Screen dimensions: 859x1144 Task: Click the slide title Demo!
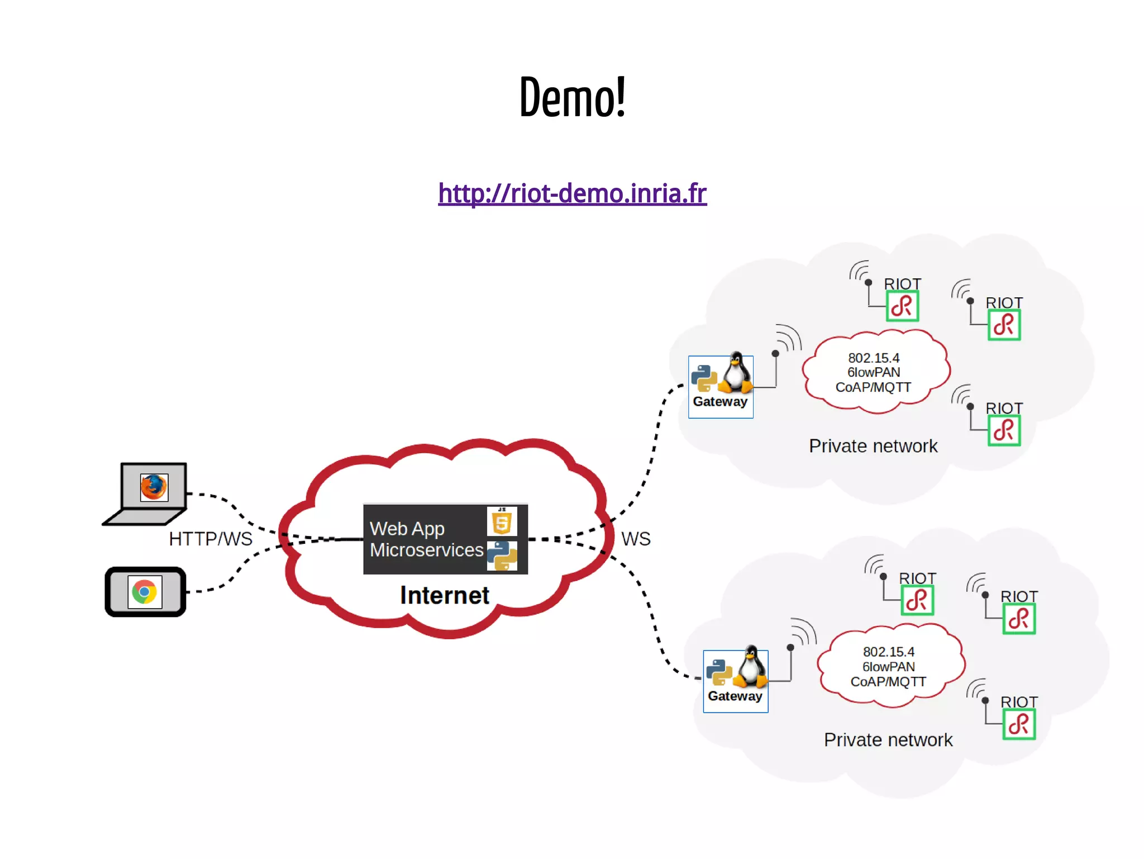(572, 98)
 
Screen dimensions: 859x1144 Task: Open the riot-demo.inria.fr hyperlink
(572, 193)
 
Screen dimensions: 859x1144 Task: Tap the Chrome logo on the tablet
(145, 591)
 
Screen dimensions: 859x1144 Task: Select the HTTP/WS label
(211, 539)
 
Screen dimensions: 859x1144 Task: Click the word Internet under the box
(445, 595)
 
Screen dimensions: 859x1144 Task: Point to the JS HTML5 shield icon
(502, 521)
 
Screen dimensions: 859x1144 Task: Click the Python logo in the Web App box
(502, 556)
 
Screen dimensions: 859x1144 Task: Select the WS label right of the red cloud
(636, 539)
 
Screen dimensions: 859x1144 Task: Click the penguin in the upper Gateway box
(736, 373)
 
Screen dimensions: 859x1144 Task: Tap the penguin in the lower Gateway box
(751, 667)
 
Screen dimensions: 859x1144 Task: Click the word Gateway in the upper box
(720, 402)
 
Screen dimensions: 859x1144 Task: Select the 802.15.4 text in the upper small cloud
(874, 358)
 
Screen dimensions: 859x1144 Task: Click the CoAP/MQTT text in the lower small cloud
(888, 682)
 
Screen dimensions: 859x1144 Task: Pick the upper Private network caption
(873, 446)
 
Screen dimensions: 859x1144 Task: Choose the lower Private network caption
(888, 740)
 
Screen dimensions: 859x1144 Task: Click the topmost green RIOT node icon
(902, 306)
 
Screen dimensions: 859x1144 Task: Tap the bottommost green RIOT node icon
(1019, 725)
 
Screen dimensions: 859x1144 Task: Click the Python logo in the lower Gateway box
(719, 672)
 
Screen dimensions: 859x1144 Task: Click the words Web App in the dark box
(407, 529)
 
